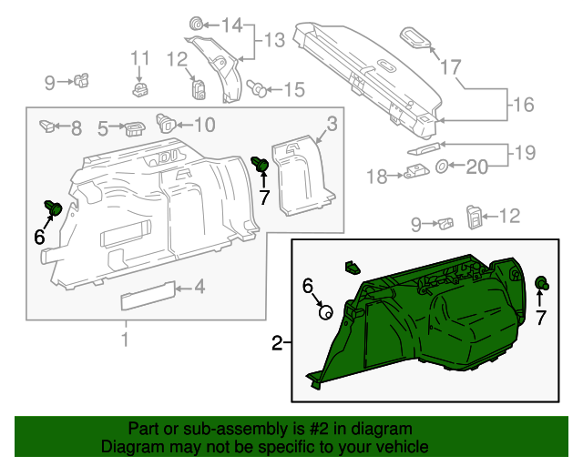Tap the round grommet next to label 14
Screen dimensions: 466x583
click(x=196, y=23)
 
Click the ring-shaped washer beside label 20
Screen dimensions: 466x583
click(x=441, y=167)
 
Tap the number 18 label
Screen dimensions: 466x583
click(x=376, y=176)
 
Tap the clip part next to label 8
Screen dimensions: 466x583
click(x=48, y=126)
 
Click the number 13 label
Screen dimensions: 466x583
click(x=275, y=39)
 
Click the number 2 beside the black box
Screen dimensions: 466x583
click(x=276, y=343)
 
